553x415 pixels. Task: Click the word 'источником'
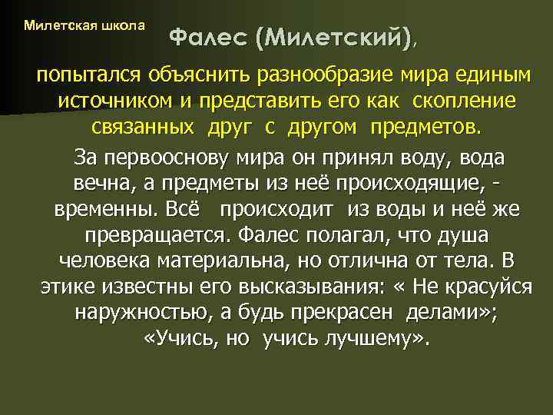118,101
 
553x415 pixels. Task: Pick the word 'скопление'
463,101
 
